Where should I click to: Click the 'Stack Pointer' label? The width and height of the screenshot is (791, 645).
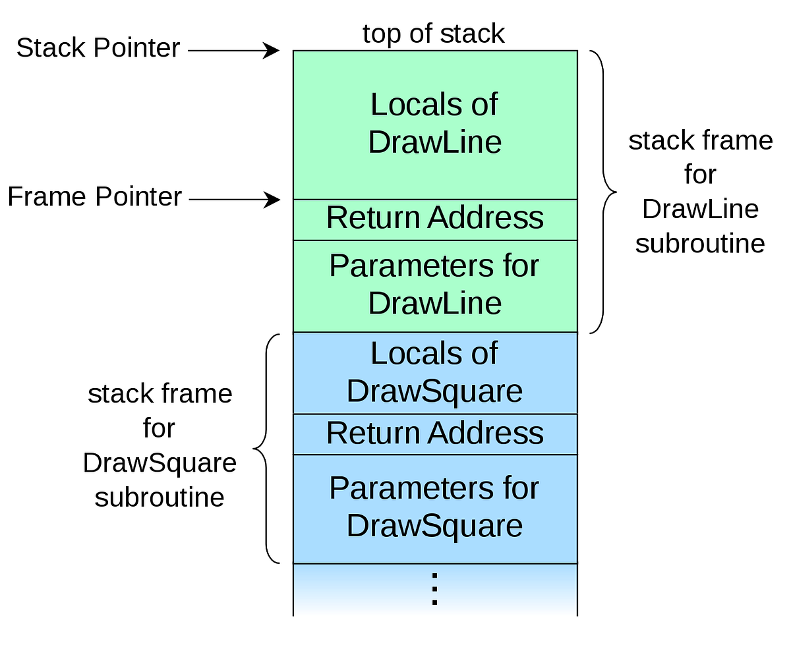tap(98, 48)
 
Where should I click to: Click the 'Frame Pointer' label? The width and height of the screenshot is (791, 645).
tap(94, 197)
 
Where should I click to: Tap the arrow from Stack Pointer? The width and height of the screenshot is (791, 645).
tap(234, 50)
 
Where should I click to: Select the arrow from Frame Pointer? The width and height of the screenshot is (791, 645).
tap(235, 199)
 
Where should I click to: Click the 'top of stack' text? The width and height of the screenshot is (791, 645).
tap(434, 33)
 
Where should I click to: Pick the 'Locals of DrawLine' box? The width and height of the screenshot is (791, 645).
tap(435, 125)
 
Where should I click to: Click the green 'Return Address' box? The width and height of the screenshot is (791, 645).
tap(435, 219)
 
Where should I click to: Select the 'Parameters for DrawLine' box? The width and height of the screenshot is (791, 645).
tap(435, 285)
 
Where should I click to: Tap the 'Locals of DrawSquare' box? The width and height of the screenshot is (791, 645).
tap(435, 373)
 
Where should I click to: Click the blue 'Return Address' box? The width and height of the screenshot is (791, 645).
tap(435, 434)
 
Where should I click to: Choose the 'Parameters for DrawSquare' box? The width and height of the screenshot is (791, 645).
tap(435, 508)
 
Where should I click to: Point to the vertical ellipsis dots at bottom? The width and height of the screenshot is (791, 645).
tap(434, 588)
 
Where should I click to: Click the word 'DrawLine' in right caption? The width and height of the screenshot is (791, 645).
tap(700, 210)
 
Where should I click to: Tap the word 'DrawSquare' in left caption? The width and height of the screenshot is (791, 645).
tap(160, 463)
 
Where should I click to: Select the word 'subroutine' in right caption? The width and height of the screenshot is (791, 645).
tap(700, 244)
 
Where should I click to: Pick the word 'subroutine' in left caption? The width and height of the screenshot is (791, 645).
tap(160, 497)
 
